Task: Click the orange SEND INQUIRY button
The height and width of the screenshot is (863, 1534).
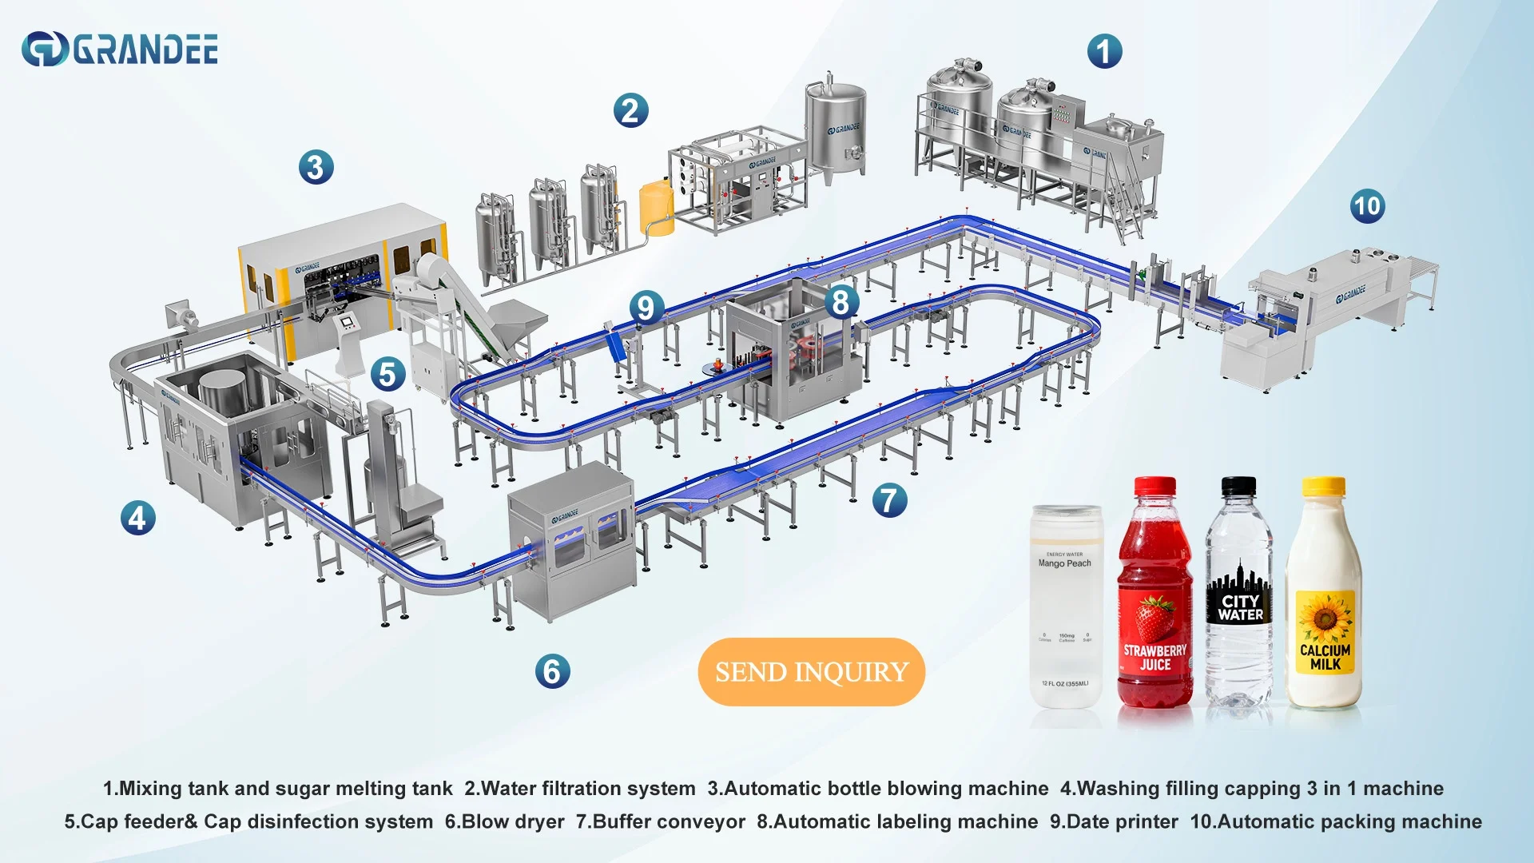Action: click(811, 671)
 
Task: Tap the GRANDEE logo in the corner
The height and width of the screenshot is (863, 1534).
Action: click(120, 49)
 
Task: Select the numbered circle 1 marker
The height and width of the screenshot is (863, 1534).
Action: click(1104, 51)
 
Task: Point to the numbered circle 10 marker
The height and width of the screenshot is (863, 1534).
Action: click(1367, 206)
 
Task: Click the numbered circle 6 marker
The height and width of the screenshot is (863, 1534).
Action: click(552, 670)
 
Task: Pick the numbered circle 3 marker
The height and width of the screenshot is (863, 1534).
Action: click(316, 168)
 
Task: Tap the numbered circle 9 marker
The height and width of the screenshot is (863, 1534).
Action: click(646, 307)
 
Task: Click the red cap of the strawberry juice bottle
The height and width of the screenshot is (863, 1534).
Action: click(1154, 486)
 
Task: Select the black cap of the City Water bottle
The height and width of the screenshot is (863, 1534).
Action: click(1238, 485)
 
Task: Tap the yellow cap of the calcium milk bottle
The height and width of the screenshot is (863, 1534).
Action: click(1323, 486)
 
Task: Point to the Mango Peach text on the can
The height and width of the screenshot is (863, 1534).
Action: click(1064, 563)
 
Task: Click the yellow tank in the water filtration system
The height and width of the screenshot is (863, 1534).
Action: click(656, 207)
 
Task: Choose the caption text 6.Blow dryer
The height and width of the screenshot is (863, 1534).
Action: click(504, 821)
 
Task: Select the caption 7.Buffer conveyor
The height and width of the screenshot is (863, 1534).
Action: click(660, 821)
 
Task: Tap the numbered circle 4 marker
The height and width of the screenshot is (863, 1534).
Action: click(137, 518)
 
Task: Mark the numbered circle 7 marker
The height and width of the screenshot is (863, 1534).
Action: click(888, 500)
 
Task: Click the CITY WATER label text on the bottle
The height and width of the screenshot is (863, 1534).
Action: click(1240, 608)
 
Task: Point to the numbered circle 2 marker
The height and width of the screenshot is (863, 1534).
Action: click(630, 110)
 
